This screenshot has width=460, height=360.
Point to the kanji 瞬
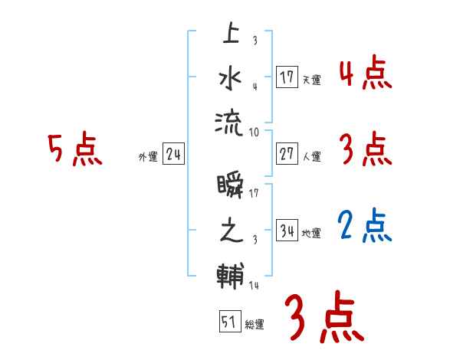tap(230, 187)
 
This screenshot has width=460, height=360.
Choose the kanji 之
tap(230, 231)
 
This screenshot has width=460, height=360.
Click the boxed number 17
tap(287, 77)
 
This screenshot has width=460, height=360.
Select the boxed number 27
tap(287, 154)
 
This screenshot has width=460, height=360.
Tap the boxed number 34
tap(287, 231)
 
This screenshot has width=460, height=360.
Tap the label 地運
tap(310, 233)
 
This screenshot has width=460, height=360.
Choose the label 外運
tap(147, 156)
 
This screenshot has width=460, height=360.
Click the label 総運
tap(254, 325)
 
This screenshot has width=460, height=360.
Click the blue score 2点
tap(365, 225)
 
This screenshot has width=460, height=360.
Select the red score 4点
tap(365, 74)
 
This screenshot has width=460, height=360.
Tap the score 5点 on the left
tap(74, 149)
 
